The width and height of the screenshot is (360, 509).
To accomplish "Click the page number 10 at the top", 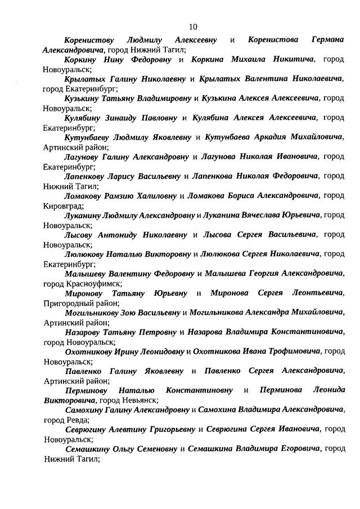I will tap(193, 26).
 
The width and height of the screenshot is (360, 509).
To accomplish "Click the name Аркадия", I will tap(266, 137).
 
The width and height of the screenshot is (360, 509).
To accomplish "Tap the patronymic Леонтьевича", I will tap(317, 293).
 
